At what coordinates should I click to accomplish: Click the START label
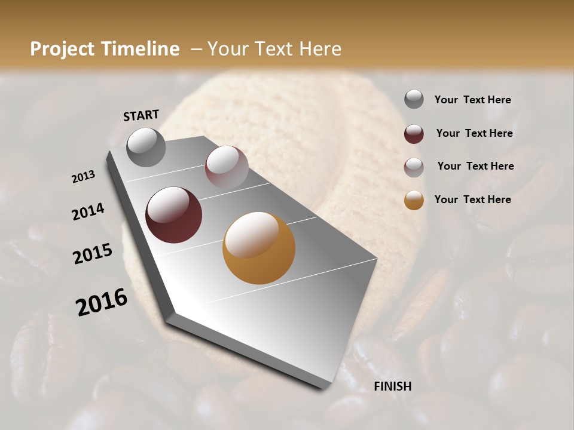coord(141,115)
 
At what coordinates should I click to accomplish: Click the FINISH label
coord(392,386)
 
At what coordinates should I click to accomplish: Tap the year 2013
coord(84,177)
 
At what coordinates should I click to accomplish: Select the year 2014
coord(88,212)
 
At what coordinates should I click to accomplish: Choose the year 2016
coord(102,302)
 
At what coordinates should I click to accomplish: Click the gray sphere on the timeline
coord(146,147)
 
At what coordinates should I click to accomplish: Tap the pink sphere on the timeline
coord(227,167)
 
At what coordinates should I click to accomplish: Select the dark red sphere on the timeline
coord(173,215)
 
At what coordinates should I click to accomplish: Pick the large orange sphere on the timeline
coord(259,248)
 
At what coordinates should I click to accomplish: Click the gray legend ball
coord(414,100)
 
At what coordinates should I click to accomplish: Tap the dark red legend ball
coord(414,134)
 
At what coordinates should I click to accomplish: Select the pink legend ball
coord(414,167)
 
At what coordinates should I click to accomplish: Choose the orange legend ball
coord(414,200)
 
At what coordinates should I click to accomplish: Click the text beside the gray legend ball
coord(472,100)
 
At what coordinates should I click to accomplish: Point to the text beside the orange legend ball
coord(472,199)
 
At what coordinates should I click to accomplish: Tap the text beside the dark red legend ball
coord(474,133)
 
